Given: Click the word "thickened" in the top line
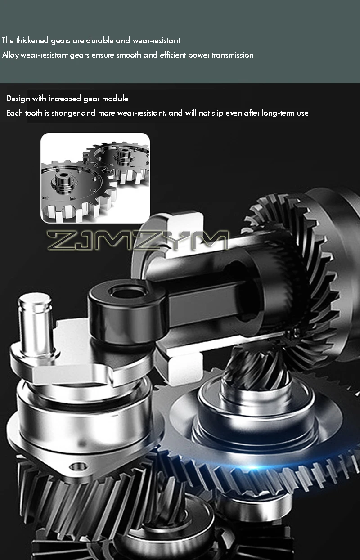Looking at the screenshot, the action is coord(32,40).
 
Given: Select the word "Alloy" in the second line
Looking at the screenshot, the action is coord(10,55).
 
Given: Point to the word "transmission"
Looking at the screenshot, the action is coord(233,55).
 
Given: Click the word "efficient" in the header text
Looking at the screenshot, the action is coord(173,55).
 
